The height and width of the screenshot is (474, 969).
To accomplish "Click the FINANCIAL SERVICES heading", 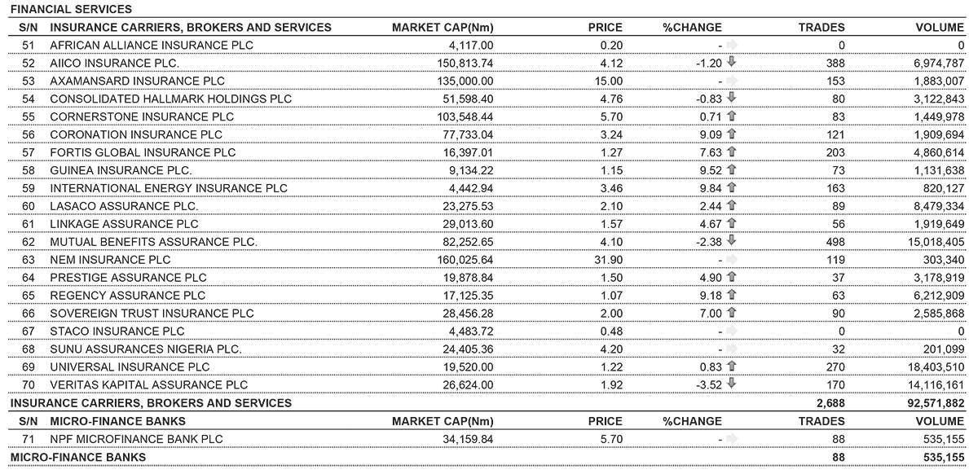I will (71, 9).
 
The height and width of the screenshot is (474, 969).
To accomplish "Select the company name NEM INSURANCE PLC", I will (110, 260).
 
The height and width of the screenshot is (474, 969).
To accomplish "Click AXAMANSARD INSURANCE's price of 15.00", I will (607, 81).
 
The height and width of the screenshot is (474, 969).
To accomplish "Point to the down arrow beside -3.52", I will (731, 384).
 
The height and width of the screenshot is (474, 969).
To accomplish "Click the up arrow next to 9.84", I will (731, 188).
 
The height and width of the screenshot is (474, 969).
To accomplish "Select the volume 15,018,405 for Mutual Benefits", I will (928, 242).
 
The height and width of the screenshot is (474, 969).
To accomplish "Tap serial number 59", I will (29, 188).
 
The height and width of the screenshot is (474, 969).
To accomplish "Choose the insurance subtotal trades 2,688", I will (830, 403).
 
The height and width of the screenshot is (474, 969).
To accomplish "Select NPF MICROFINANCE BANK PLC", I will (136, 439).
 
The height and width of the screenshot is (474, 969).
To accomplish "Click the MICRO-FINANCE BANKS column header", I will (117, 421).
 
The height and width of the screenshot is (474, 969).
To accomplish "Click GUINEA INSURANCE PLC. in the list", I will (121, 170).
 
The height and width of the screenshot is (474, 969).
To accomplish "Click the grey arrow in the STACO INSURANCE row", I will (731, 331).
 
